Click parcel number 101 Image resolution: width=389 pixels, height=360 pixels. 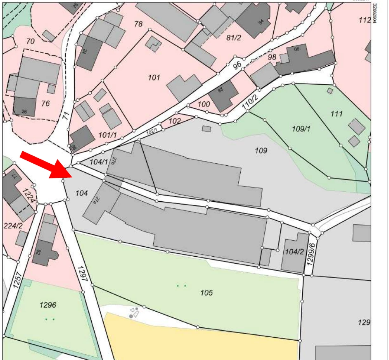(154, 77)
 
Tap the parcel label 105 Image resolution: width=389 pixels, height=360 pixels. (206, 293)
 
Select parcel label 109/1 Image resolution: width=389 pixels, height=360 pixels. (301, 129)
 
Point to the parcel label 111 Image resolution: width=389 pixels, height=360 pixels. (337, 114)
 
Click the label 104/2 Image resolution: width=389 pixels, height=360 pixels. (294, 251)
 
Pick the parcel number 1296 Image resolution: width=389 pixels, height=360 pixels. (48, 305)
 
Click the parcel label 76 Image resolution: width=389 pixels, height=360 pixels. (45, 103)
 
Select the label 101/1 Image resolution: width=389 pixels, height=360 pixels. (108, 135)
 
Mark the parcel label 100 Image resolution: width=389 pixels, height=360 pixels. (204, 104)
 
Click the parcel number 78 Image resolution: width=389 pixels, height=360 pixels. (138, 24)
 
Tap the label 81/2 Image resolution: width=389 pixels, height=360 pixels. (233, 37)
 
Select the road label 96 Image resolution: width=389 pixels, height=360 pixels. (236, 65)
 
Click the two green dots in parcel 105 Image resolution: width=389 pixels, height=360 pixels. (181, 286)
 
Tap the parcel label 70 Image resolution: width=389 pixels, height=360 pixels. (30, 41)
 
